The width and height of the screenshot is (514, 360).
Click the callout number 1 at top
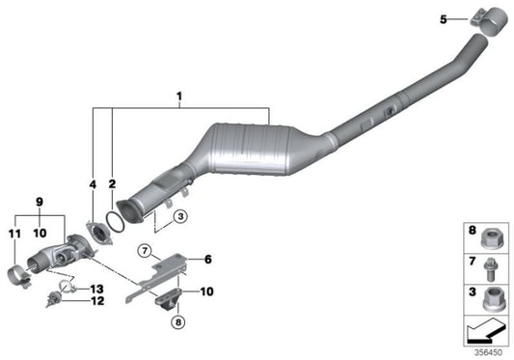pyautogui.click(x=178, y=97)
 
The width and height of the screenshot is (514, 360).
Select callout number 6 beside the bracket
pyautogui.click(x=205, y=260)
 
